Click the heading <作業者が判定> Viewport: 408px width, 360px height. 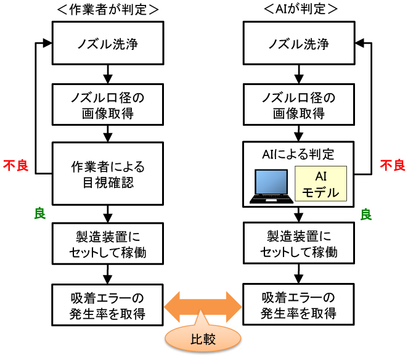pyautogui.click(x=108, y=10)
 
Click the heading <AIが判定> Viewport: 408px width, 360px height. pyautogui.click(x=301, y=9)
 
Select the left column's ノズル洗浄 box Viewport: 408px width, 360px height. pyautogui.click(x=108, y=43)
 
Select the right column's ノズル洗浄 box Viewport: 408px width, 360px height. pyautogui.click(x=299, y=43)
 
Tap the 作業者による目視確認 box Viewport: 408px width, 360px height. pyautogui.click(x=108, y=174)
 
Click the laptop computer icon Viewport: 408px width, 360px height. pyautogui.click(x=271, y=186)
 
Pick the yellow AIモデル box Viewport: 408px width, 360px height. pyautogui.click(x=321, y=184)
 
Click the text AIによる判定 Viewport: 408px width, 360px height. pyautogui.click(x=298, y=154)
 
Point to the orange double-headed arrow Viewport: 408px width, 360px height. pyautogui.click(x=203, y=307)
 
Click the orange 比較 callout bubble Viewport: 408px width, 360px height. pyautogui.click(x=203, y=338)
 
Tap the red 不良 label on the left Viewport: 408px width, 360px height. pyautogui.click(x=15, y=166)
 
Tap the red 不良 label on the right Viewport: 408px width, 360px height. pyautogui.click(x=393, y=165)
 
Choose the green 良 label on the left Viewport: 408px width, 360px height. pyautogui.click(x=40, y=213)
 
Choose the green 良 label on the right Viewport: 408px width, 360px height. pyautogui.click(x=366, y=215)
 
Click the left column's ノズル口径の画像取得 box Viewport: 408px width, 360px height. pyautogui.click(x=108, y=105)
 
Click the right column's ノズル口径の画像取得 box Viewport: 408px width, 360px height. pyautogui.click(x=299, y=105)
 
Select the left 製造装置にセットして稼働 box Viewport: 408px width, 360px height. pyautogui.click(x=108, y=243)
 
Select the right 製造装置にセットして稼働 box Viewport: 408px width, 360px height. pyautogui.click(x=299, y=243)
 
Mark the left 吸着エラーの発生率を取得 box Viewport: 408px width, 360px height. pyautogui.click(x=107, y=305)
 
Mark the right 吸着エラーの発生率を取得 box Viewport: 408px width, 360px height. pyautogui.click(x=299, y=305)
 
